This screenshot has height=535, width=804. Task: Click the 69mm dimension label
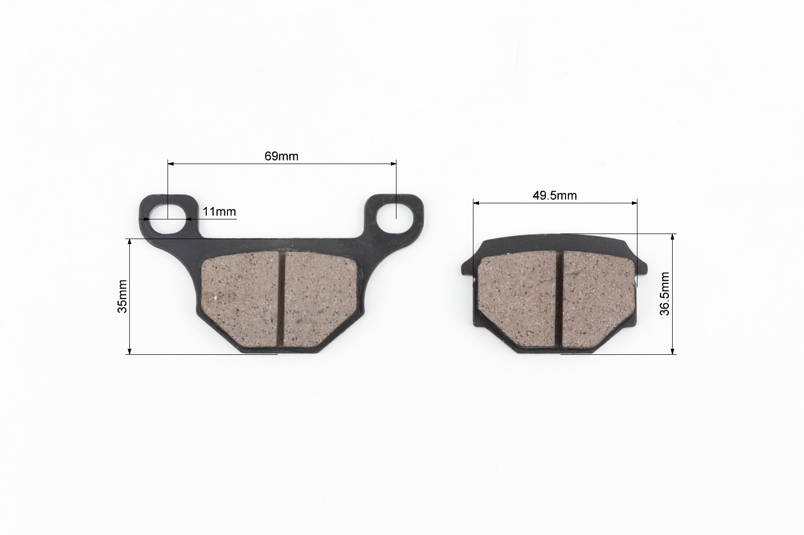coord(281,156)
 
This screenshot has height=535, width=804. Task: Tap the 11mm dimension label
coord(219,211)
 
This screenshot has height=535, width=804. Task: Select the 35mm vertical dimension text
coord(122,296)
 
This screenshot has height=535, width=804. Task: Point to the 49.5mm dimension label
coord(554,196)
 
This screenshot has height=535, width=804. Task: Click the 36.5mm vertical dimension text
coord(664,294)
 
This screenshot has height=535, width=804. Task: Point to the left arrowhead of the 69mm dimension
coord(171,164)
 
